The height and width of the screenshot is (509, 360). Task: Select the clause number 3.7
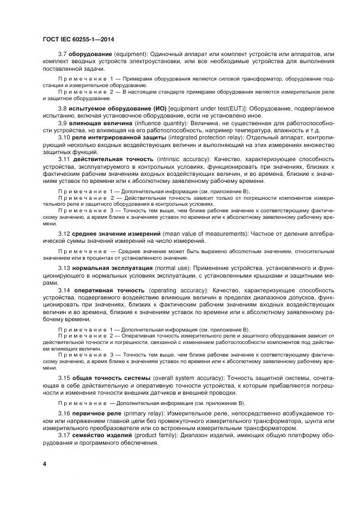tap(63, 54)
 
